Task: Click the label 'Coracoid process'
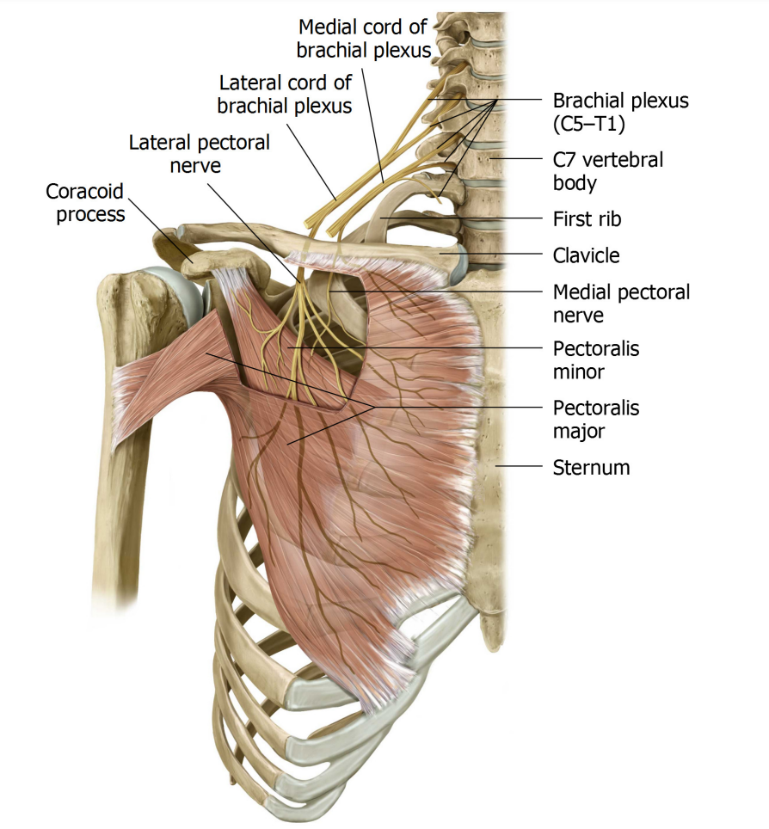click(x=84, y=202)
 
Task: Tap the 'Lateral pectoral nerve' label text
click(x=199, y=154)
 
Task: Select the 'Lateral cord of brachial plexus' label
click(x=285, y=94)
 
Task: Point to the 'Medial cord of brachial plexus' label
click(x=363, y=38)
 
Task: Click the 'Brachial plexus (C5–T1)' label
click(x=620, y=112)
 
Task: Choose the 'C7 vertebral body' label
click(x=607, y=171)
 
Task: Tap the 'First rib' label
click(x=587, y=219)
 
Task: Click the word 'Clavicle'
click(x=586, y=255)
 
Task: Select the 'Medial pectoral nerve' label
click(x=621, y=304)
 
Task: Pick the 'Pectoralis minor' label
click(x=595, y=360)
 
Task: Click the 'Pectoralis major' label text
click(x=595, y=420)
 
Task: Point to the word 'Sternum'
click(x=591, y=467)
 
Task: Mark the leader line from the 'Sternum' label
click(x=519, y=466)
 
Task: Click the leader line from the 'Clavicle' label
click(x=493, y=254)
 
